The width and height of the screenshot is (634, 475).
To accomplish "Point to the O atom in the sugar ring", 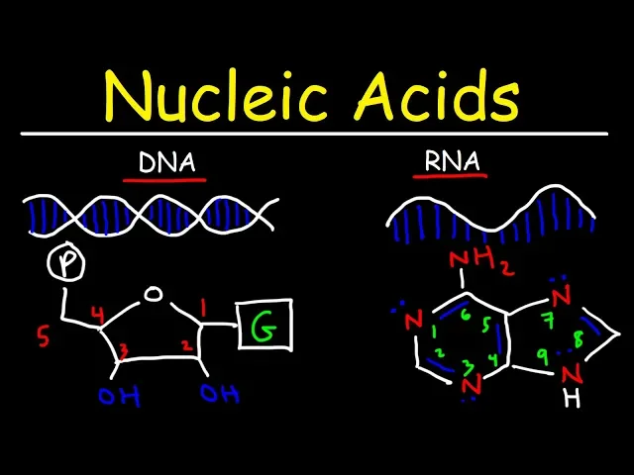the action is pyautogui.click(x=152, y=294).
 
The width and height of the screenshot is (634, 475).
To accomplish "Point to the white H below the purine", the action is pyautogui.click(x=568, y=399).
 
